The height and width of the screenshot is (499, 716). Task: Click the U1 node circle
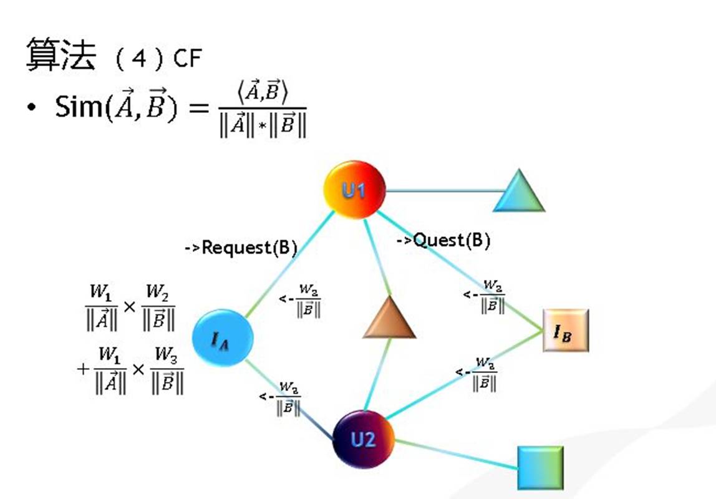(354, 190)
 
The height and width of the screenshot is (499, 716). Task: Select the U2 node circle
(363, 439)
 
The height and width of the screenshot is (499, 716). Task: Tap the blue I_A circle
(223, 339)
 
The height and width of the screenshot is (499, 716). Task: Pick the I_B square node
(566, 331)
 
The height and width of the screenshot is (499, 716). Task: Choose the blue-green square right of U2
(540, 468)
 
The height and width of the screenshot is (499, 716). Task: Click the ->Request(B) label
(240, 248)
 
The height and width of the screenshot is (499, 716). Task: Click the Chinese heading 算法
(61, 55)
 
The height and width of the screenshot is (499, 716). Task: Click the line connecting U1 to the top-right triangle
(440, 191)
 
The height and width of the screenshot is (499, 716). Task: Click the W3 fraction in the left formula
(167, 371)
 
